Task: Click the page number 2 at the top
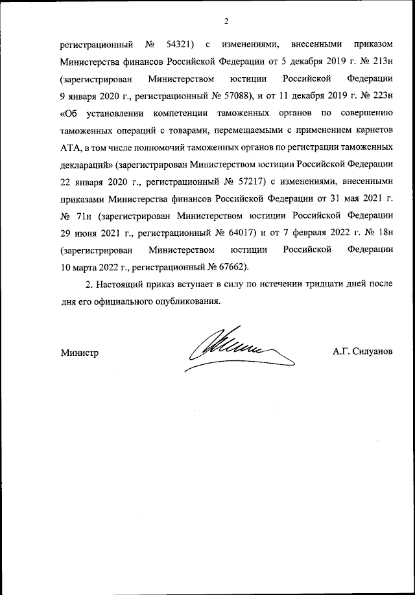tap(226, 21)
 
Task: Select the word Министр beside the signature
tap(79, 353)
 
